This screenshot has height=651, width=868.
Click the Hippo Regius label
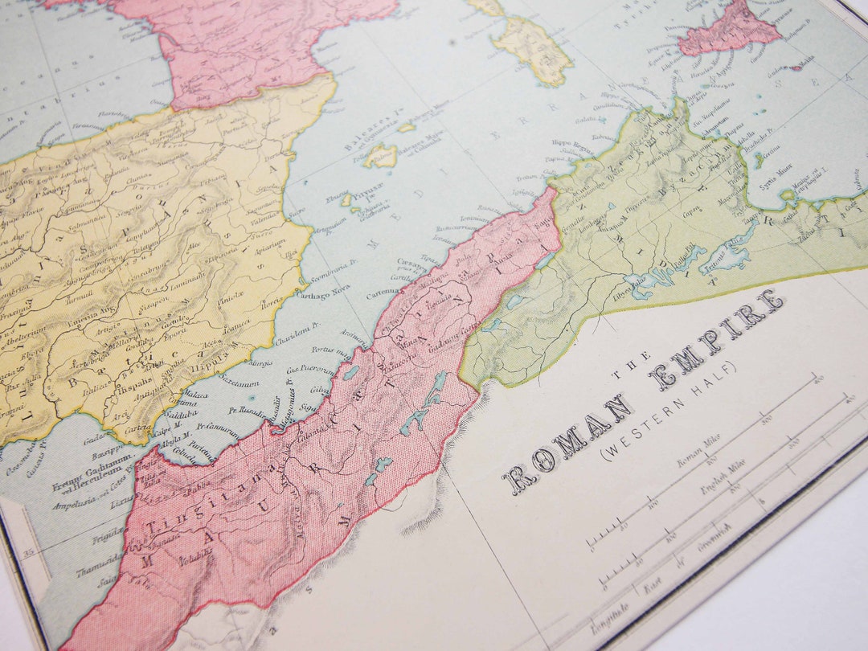[x=571, y=144]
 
